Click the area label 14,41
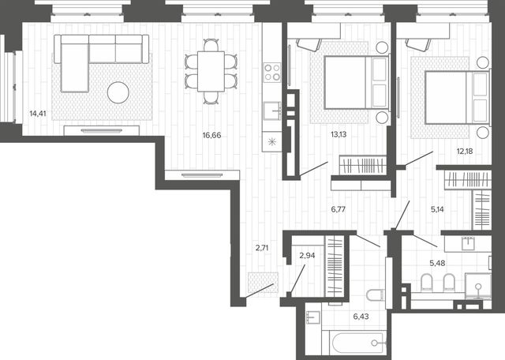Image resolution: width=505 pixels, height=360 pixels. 38,114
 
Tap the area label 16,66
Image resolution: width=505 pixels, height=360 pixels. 211,135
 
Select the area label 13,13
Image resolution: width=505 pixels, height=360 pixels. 339,134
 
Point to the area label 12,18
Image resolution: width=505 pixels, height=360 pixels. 465,151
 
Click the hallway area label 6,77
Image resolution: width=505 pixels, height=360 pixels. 339,209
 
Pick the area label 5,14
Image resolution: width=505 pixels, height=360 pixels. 437,209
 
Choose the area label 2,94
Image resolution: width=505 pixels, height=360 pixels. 307,256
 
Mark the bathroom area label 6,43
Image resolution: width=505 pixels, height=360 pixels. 361,317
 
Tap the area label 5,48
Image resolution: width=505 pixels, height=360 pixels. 437,264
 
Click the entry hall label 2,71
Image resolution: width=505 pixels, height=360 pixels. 262,248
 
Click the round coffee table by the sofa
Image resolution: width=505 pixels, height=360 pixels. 118,92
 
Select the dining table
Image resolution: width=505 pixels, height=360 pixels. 211,71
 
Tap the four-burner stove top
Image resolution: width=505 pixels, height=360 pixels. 272,72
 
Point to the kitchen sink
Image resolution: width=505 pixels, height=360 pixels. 272,111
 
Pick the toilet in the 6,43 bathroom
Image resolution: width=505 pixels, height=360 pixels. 376,295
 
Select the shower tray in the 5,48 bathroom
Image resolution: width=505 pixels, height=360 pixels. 478,287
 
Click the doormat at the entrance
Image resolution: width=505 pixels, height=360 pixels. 263,283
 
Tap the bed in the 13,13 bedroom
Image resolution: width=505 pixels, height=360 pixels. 357,83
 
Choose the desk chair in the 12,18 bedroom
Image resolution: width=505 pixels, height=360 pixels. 418,44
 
